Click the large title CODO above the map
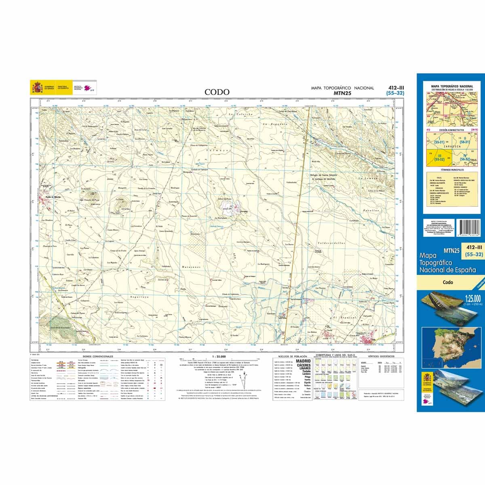[217, 92]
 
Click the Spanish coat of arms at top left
[37, 87]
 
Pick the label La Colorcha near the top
[240, 114]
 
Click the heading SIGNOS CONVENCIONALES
[97, 356]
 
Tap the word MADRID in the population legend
[304, 361]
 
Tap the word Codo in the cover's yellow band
[447, 283]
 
